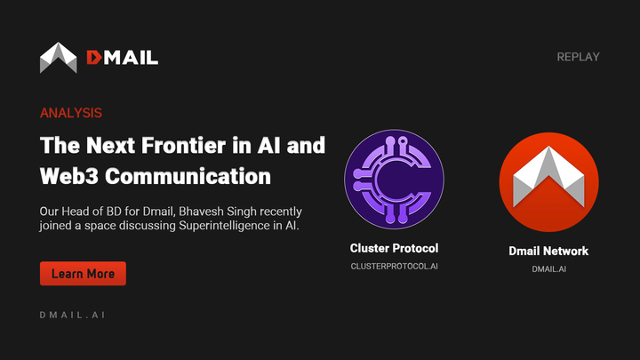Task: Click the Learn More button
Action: (x=83, y=274)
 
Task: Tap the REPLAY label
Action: (x=578, y=57)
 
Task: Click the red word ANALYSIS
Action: (x=71, y=114)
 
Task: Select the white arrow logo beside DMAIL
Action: (x=59, y=58)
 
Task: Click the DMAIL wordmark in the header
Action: (x=122, y=58)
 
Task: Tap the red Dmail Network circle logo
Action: (x=548, y=183)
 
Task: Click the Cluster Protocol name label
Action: (x=394, y=248)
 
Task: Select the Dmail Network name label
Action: (x=548, y=251)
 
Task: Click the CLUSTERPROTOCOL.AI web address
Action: (x=394, y=266)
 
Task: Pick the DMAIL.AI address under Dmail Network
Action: (x=548, y=268)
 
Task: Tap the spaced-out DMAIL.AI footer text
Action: (x=73, y=315)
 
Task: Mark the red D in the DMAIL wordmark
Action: (x=94, y=58)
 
